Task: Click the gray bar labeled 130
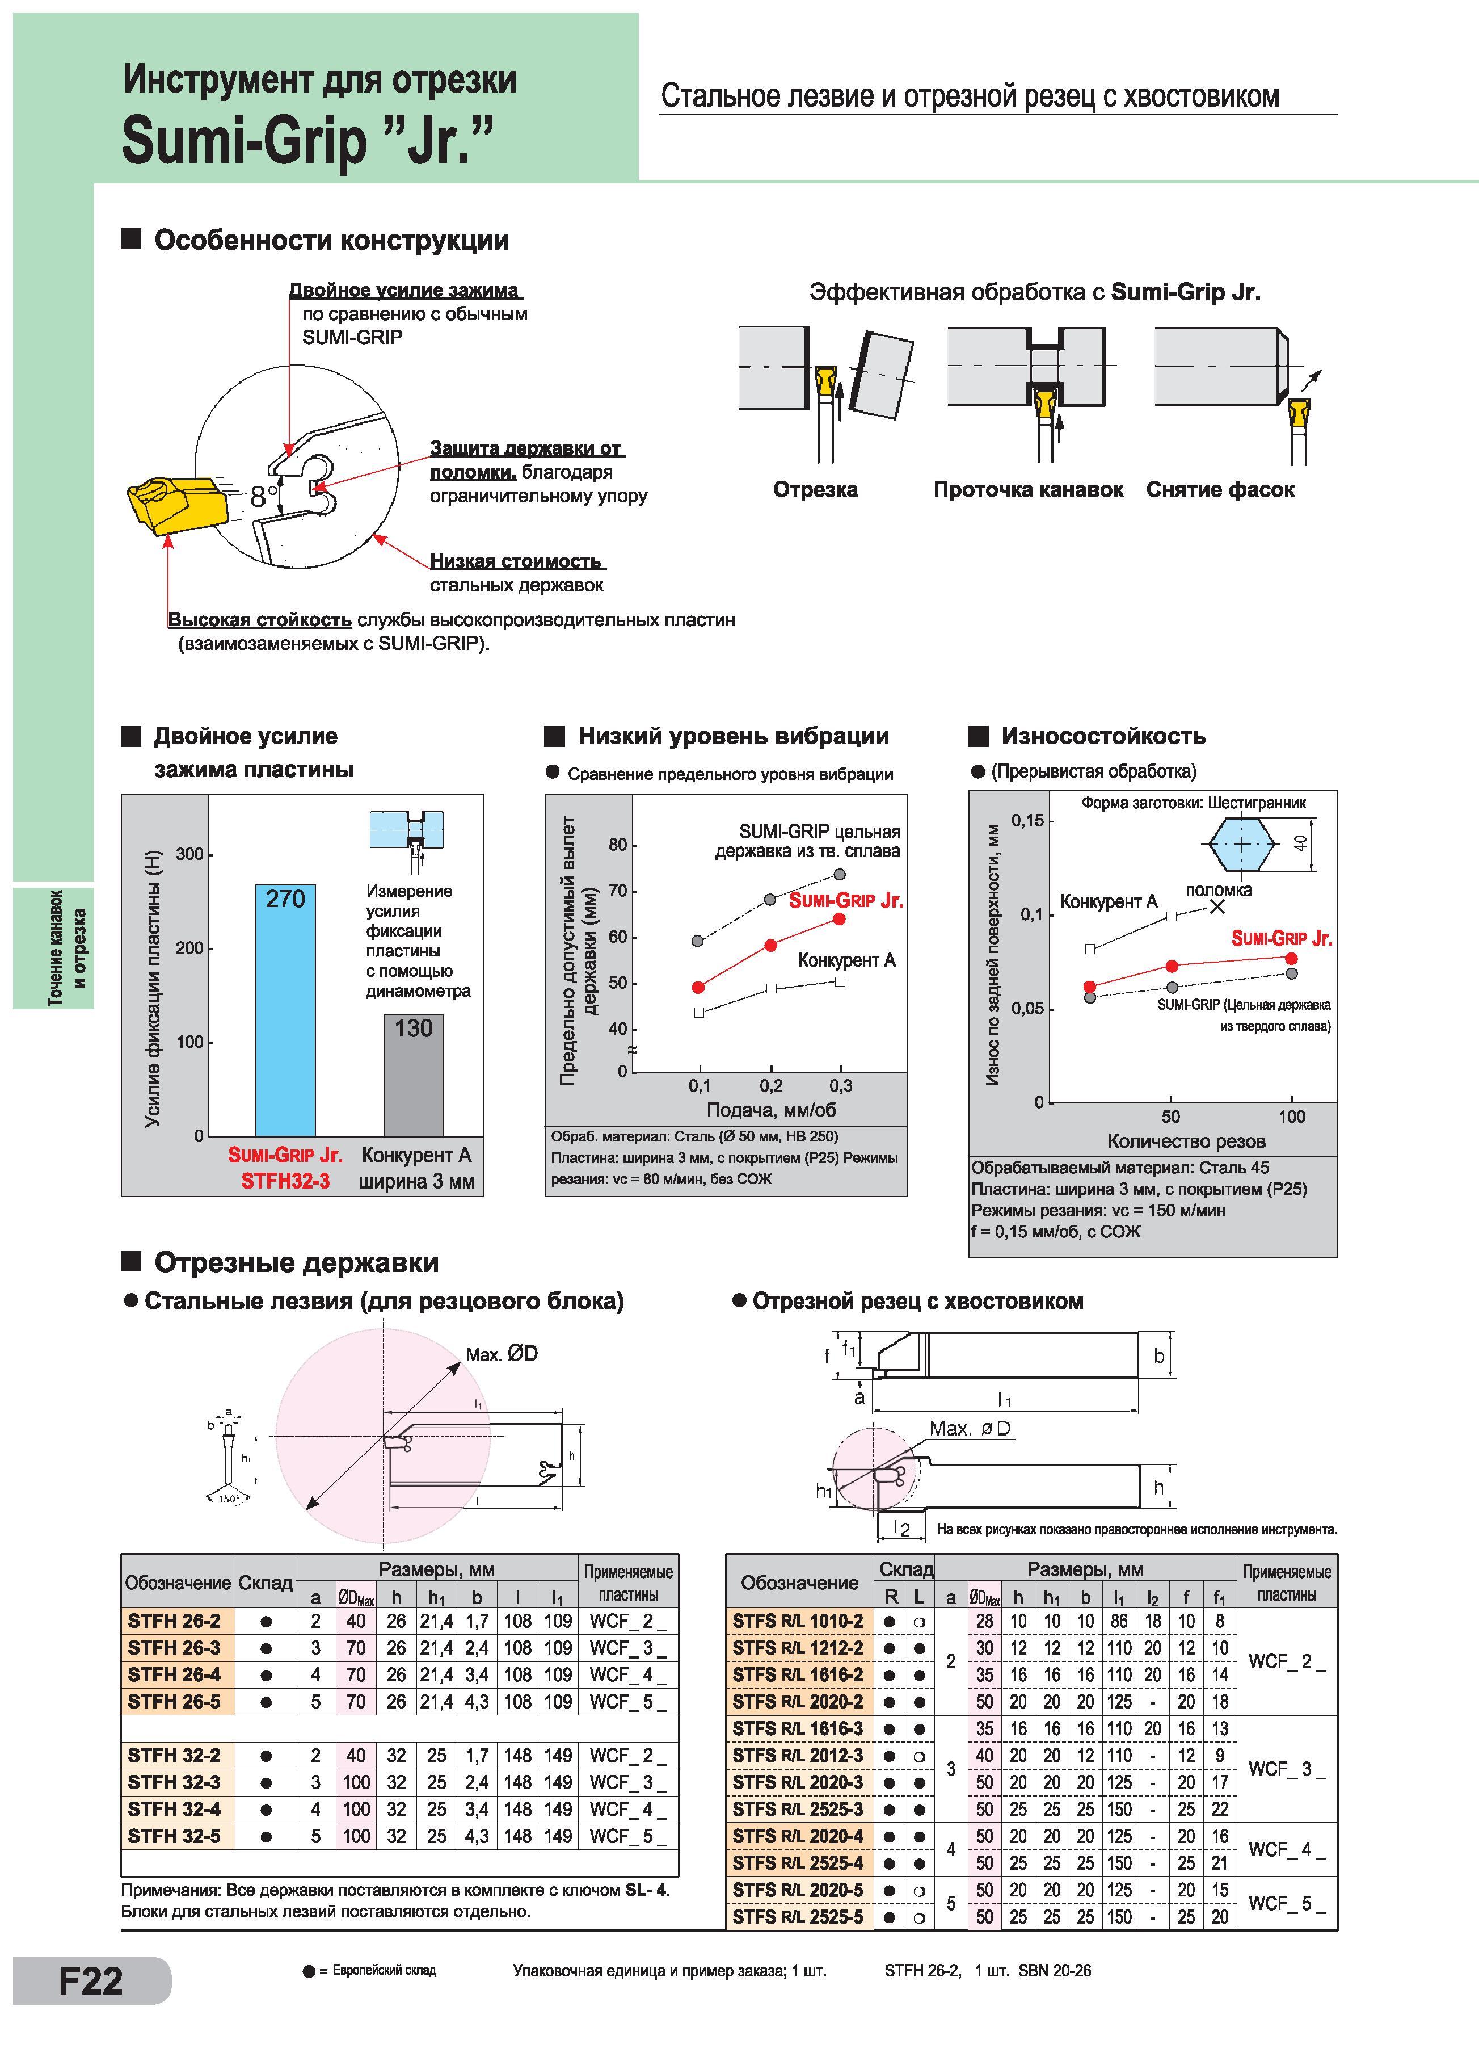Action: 413,1075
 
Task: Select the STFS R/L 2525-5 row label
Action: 797,1917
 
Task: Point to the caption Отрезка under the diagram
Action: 815,490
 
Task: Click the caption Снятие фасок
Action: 1220,490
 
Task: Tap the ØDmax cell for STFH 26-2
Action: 356,1621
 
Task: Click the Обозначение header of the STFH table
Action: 178,1583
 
